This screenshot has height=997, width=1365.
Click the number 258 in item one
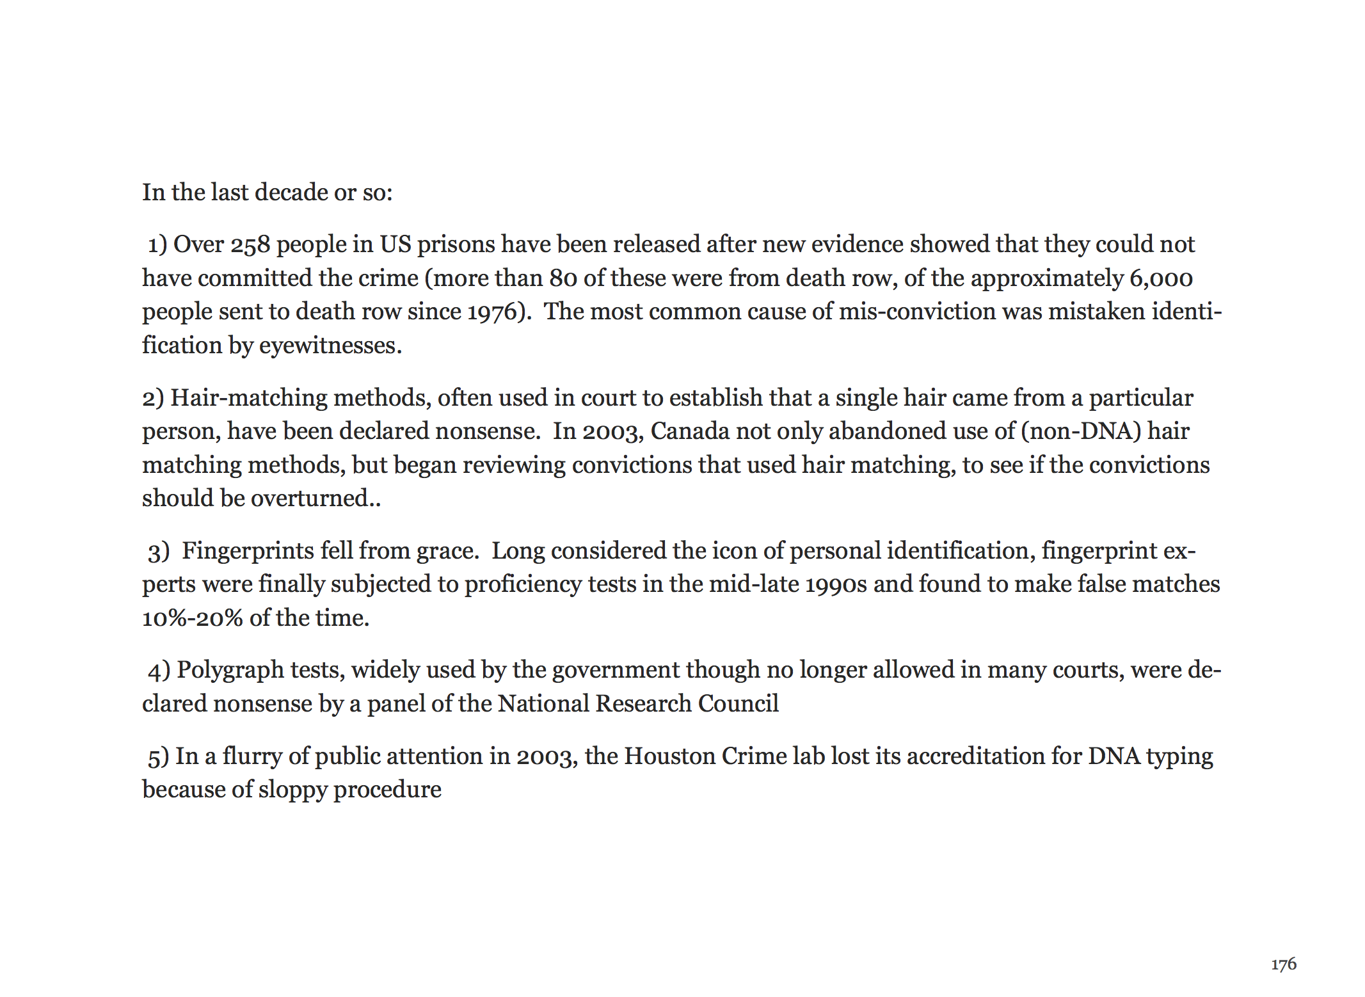coord(250,245)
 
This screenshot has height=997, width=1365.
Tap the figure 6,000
coord(1161,279)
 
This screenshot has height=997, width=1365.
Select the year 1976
coord(491,312)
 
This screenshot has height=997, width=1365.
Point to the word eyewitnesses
coord(330,346)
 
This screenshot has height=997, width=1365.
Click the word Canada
coord(690,431)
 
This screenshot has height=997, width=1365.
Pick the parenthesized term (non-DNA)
coord(1081,431)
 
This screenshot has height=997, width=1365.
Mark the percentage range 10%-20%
coord(192,618)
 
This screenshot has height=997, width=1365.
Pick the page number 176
coord(1283,964)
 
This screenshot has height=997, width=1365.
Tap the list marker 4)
coord(159,671)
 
